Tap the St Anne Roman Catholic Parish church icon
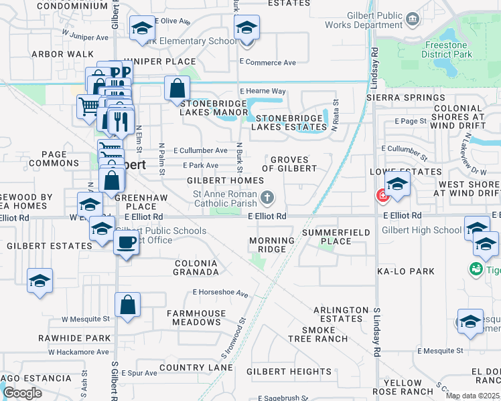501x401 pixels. point(267,196)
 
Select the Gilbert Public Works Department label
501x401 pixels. point(366,21)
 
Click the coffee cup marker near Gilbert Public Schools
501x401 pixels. point(126,242)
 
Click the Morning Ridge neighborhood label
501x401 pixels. point(271,245)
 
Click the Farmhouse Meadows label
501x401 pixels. point(194,317)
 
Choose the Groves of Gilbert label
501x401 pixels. point(289,164)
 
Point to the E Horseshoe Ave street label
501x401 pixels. point(220,293)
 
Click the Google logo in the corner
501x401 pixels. point(22,393)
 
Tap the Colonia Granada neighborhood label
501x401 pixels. point(196,268)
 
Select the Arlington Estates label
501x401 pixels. point(341,314)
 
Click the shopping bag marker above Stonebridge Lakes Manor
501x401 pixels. point(177,88)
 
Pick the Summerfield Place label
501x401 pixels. point(327,237)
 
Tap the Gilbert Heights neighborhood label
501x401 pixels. point(289,372)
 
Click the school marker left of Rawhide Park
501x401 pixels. point(40,281)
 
